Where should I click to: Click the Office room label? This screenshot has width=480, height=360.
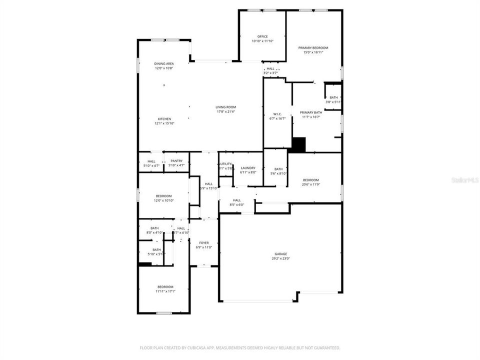click(x=262, y=36)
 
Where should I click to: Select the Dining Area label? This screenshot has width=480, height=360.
click(x=163, y=63)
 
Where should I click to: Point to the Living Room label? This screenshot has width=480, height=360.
click(x=226, y=107)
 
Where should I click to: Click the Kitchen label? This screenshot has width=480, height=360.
click(x=164, y=119)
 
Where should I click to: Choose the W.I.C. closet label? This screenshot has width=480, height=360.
click(x=278, y=113)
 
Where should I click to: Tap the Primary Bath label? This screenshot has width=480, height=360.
click(x=311, y=112)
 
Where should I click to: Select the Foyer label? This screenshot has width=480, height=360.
click(x=203, y=242)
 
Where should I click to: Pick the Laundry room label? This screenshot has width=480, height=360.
click(x=248, y=168)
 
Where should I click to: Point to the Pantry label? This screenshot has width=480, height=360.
click(x=176, y=160)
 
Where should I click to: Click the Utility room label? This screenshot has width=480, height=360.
click(x=226, y=163)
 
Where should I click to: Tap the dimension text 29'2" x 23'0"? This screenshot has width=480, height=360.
click(x=280, y=258)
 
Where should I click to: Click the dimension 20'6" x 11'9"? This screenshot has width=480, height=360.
click(x=310, y=184)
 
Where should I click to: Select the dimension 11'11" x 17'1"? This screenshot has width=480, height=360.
click(x=164, y=291)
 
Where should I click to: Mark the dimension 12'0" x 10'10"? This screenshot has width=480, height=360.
click(x=163, y=200)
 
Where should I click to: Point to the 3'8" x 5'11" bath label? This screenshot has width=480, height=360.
click(x=333, y=102)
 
